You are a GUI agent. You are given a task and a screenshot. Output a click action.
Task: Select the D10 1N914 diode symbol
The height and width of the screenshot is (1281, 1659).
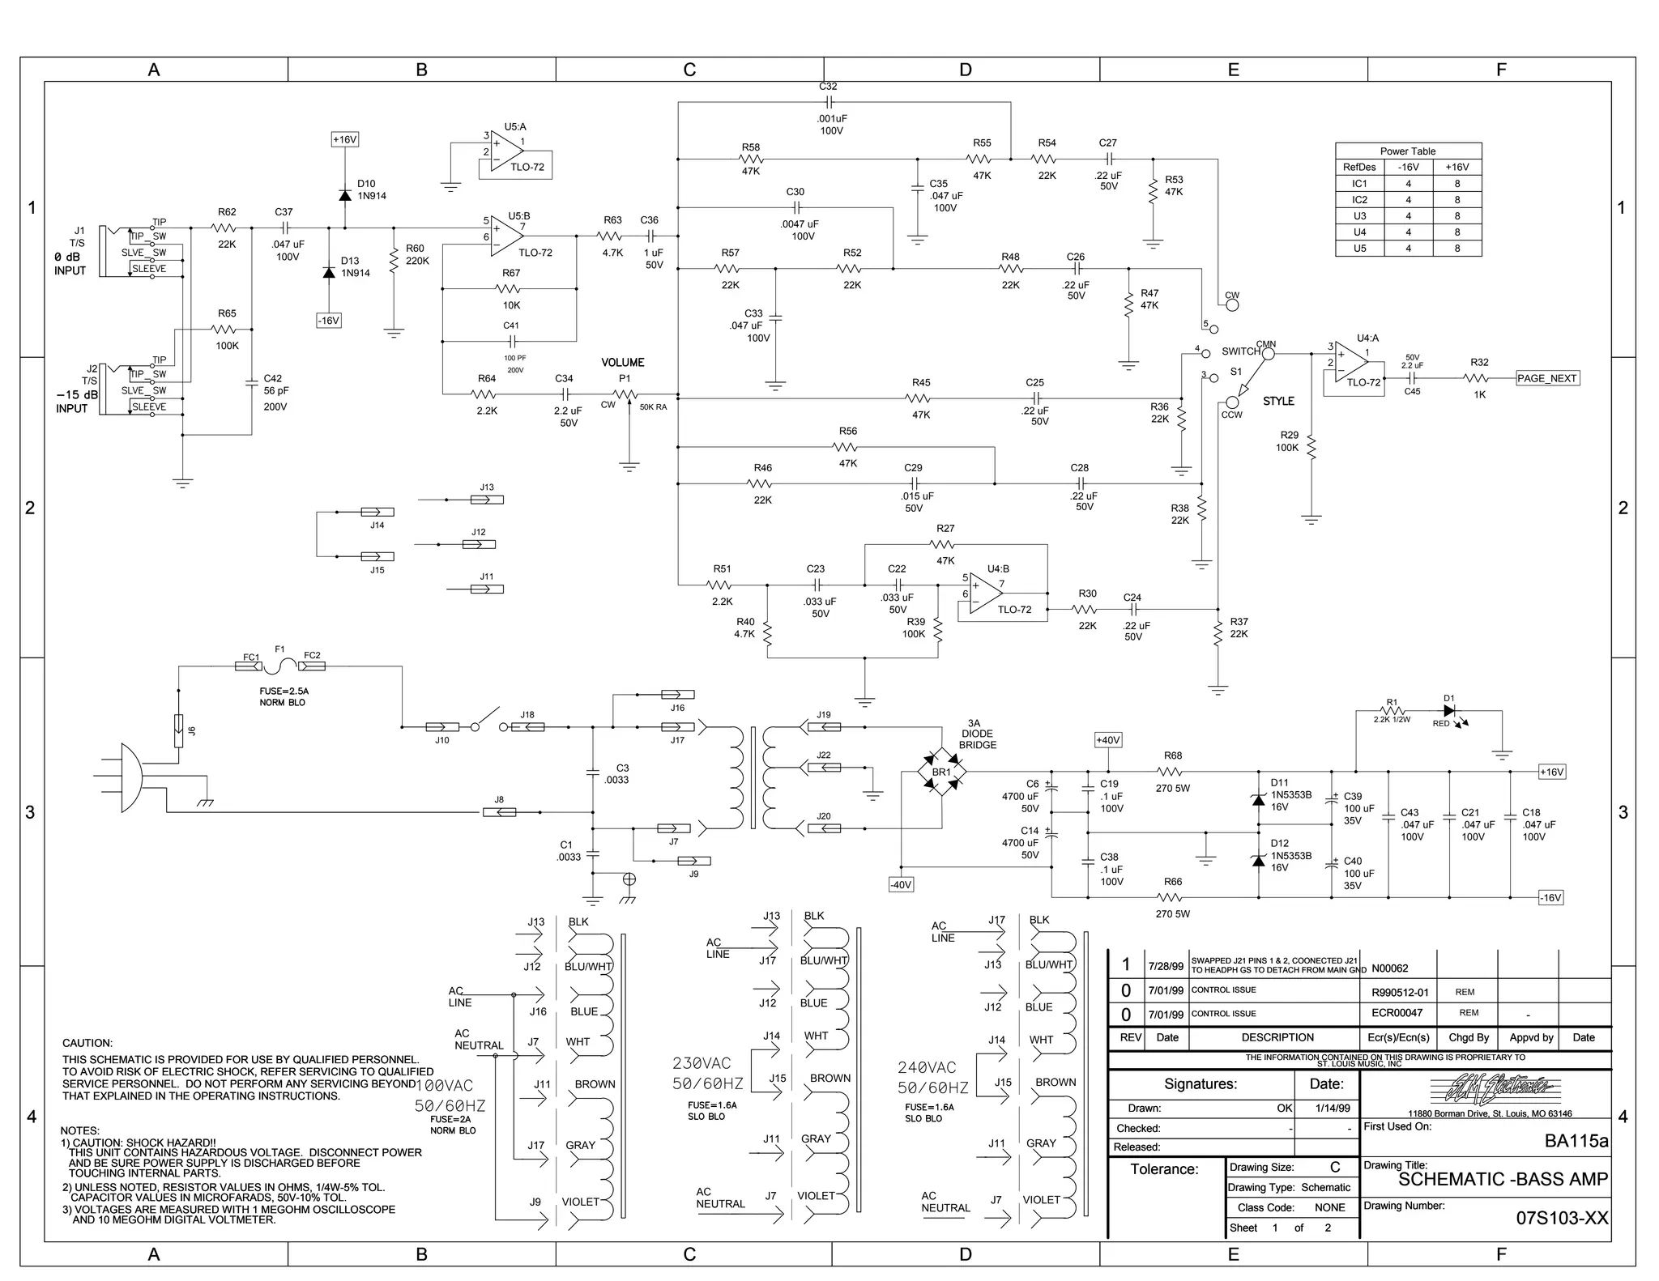click(x=344, y=195)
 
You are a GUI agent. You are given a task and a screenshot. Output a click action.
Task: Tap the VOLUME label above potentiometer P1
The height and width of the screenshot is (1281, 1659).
click(x=622, y=362)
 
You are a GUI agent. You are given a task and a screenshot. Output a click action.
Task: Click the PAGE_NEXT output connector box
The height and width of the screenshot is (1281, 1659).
click(x=1547, y=378)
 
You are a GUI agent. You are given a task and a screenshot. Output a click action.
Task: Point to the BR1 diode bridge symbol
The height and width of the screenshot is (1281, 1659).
click(x=941, y=772)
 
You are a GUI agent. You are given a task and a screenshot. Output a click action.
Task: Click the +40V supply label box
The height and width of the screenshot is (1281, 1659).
click(x=1107, y=740)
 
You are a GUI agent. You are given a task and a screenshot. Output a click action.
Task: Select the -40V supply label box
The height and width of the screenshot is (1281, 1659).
click(x=901, y=885)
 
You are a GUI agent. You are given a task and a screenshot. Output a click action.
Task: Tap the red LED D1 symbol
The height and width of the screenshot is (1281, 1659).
click(x=1449, y=710)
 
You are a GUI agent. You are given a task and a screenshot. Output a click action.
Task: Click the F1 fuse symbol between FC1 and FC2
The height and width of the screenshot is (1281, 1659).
click(x=280, y=666)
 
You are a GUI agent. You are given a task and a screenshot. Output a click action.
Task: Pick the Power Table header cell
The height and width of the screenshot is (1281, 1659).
click(x=1408, y=151)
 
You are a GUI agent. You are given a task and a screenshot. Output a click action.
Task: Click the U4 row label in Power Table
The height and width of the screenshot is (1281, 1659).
click(x=1359, y=232)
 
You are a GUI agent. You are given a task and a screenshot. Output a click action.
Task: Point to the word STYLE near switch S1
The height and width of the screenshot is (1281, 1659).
click(x=1278, y=401)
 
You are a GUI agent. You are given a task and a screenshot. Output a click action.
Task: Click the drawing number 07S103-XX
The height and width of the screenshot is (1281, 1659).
click(x=1562, y=1219)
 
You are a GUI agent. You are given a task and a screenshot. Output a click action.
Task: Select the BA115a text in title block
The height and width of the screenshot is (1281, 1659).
click(x=1576, y=1141)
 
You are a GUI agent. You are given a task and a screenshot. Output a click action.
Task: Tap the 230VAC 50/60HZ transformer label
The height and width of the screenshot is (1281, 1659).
click(x=707, y=1073)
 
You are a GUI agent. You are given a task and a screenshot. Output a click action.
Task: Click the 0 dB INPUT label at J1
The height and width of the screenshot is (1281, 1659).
click(x=70, y=263)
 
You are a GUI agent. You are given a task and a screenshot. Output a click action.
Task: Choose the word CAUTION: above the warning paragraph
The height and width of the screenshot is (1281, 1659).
click(x=87, y=1043)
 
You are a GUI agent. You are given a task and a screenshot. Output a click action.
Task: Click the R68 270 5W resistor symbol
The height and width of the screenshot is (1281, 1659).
click(x=1172, y=772)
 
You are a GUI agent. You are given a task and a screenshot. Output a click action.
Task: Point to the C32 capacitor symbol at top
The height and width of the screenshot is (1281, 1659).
click(x=828, y=102)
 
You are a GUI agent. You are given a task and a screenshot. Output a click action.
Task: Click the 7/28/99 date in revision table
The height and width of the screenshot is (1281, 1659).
click(x=1166, y=966)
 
